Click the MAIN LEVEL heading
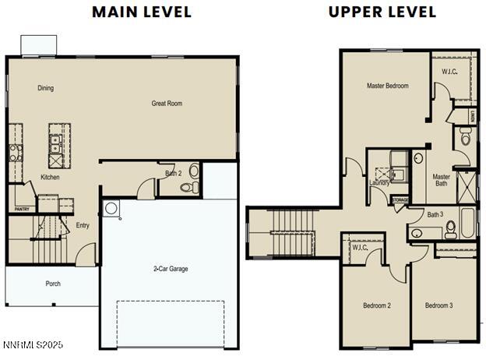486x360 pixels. pyautogui.click(x=141, y=12)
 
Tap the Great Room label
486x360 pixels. pyautogui.click(x=167, y=103)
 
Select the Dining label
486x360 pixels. pyautogui.click(x=46, y=88)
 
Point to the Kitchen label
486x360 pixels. pyautogui.click(x=50, y=177)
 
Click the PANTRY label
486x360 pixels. pyautogui.click(x=21, y=209)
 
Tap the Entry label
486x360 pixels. pyautogui.click(x=83, y=226)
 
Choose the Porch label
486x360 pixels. pyautogui.click(x=53, y=284)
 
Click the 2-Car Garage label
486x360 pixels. pyautogui.click(x=170, y=269)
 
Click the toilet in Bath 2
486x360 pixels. pyautogui.click(x=188, y=187)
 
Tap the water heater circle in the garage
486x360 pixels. pyautogui.click(x=111, y=208)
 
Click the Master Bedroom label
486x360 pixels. pyautogui.click(x=387, y=86)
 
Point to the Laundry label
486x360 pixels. pyautogui.click(x=380, y=182)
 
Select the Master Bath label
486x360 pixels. pyautogui.click(x=442, y=180)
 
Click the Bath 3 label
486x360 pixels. pyautogui.click(x=435, y=214)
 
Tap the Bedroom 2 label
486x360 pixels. pyautogui.click(x=376, y=305)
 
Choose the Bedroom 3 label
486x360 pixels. pyautogui.click(x=438, y=305)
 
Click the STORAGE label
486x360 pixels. pyautogui.click(x=400, y=200)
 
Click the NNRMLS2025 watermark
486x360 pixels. pyautogui.click(x=33, y=344)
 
